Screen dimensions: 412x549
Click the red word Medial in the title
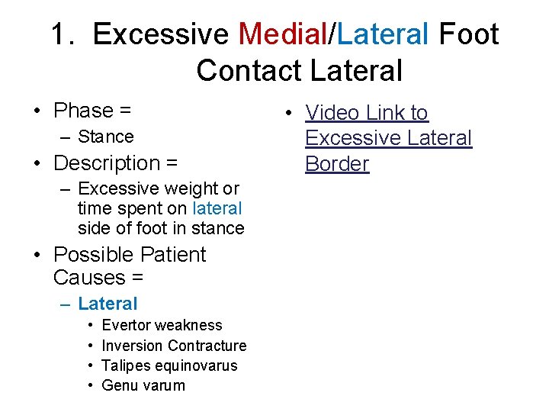pos(282,34)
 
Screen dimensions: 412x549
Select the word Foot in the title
pos(469,34)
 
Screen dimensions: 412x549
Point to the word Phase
pos(83,111)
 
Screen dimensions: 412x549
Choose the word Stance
pos(106,137)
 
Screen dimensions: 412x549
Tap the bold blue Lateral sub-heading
pos(108,304)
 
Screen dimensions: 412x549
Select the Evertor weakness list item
pos(162,326)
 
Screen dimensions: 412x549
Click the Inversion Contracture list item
pos(174,346)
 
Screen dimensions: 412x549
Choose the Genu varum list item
pos(143,385)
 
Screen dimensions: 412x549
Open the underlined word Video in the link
pos(332,113)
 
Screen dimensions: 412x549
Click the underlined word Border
pos(337,163)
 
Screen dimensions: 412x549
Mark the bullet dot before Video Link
pos(291,114)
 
